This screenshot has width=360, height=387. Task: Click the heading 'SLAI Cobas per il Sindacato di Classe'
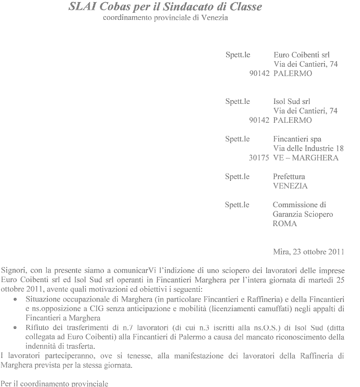tap(165, 8)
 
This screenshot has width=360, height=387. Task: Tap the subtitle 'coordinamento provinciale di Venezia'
tap(165, 18)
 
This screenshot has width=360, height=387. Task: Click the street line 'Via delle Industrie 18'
tap(309, 148)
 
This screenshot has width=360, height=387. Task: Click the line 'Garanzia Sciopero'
tap(303, 214)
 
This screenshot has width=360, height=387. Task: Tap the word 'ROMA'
tap(285, 224)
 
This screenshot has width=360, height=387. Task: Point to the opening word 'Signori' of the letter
tap(14, 269)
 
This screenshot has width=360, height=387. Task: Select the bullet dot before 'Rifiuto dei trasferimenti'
tap(16, 325)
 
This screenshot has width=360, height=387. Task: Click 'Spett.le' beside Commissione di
tap(237, 205)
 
